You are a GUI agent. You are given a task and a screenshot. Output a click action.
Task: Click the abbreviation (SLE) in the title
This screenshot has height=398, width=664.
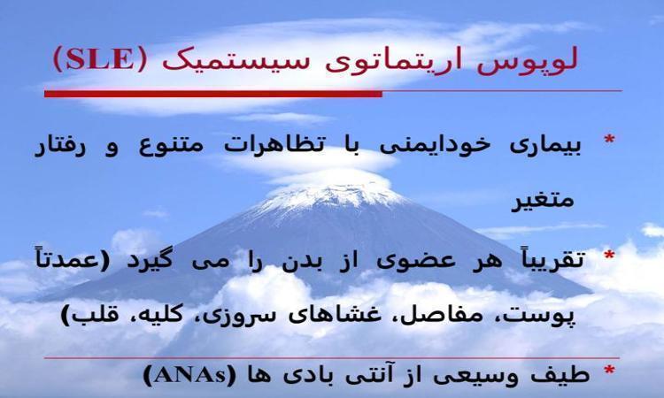tap(100, 59)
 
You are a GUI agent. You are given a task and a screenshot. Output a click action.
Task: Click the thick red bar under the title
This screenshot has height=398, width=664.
tap(213, 94)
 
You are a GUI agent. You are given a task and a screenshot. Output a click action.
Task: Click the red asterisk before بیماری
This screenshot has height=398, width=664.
tap(609, 140)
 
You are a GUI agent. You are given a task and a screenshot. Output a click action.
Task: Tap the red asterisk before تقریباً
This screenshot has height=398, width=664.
tap(609, 256)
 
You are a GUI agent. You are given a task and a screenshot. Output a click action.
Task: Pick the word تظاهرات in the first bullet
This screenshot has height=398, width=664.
tap(274, 145)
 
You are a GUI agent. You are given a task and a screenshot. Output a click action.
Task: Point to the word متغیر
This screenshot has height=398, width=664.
tap(544, 200)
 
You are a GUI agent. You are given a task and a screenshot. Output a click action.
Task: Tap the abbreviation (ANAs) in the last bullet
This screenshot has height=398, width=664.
tap(189, 375)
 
